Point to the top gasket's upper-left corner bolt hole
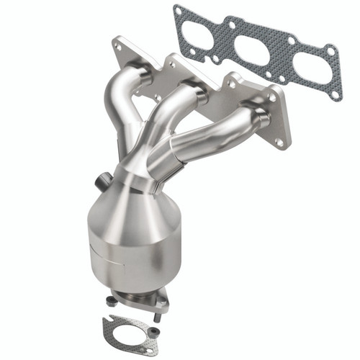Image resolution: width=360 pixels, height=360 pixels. [x=178, y=11]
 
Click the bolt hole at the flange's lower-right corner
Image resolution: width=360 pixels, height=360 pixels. [x=279, y=143]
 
